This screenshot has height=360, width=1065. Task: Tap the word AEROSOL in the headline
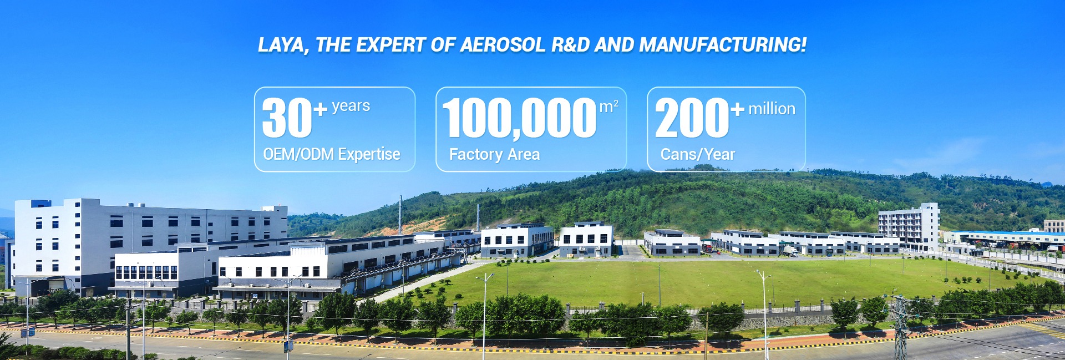pyautogui.click(x=503, y=45)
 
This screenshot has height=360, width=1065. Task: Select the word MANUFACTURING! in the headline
pyautogui.click(x=723, y=45)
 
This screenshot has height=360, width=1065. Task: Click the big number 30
pyautogui.click(x=287, y=118)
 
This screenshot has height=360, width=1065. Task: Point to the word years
pyautogui.click(x=351, y=105)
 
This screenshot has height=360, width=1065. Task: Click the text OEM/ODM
pyautogui.click(x=298, y=154)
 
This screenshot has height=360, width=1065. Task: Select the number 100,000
pyautogui.click(x=519, y=118)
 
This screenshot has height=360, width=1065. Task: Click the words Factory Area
pyautogui.click(x=494, y=154)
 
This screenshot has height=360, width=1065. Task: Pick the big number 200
pyautogui.click(x=692, y=118)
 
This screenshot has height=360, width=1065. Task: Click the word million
pyautogui.click(x=772, y=109)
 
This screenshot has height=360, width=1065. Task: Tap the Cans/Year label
pyautogui.click(x=697, y=154)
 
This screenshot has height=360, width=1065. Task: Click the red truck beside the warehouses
pyautogui.click(x=708, y=248)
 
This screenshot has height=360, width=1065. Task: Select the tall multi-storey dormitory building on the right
pyautogui.click(x=909, y=226)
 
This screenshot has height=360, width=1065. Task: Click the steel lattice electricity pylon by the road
pyautogui.click(x=900, y=327)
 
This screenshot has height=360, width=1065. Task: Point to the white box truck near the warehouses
pyautogui.click(x=791, y=251)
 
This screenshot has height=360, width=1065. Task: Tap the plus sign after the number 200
pyautogui.click(x=737, y=109)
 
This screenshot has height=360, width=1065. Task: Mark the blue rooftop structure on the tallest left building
pyautogui.click(x=40, y=204)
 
